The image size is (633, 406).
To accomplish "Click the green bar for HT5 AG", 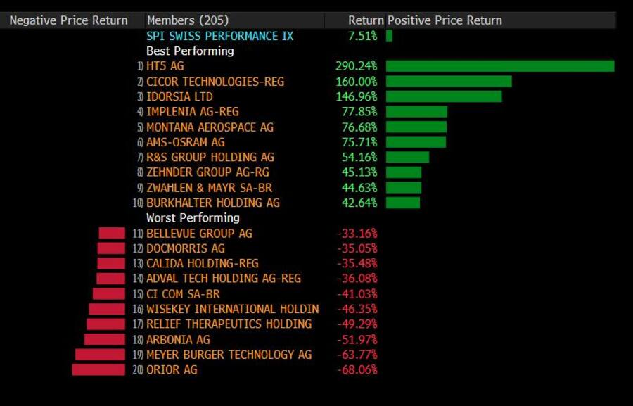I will [499, 66].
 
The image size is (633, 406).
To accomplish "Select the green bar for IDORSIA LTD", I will [444, 96].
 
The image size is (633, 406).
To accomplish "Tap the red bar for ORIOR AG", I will [98, 369].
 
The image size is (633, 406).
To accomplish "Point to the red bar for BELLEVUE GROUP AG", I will [112, 233].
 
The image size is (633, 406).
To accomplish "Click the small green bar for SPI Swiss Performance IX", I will [389, 36].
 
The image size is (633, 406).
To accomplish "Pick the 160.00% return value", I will [357, 82].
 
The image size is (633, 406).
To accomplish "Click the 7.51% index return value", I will [362, 36].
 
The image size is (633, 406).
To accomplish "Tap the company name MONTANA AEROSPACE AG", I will [210, 127].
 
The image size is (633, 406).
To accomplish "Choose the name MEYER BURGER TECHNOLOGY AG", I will [229, 355].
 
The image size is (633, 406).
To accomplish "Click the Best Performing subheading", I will [190, 51].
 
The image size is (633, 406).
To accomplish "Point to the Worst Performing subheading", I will [193, 218].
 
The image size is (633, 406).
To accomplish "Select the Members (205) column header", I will [187, 20].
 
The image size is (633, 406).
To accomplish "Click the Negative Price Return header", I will [68, 20].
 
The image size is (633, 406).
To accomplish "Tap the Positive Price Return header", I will [445, 20].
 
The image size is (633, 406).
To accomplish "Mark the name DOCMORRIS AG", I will [185, 248].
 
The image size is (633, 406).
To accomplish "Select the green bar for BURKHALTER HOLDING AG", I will [403, 203].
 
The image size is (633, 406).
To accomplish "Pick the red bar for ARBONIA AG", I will [104, 339].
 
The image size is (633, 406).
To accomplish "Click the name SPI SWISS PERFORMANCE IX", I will [219, 36].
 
